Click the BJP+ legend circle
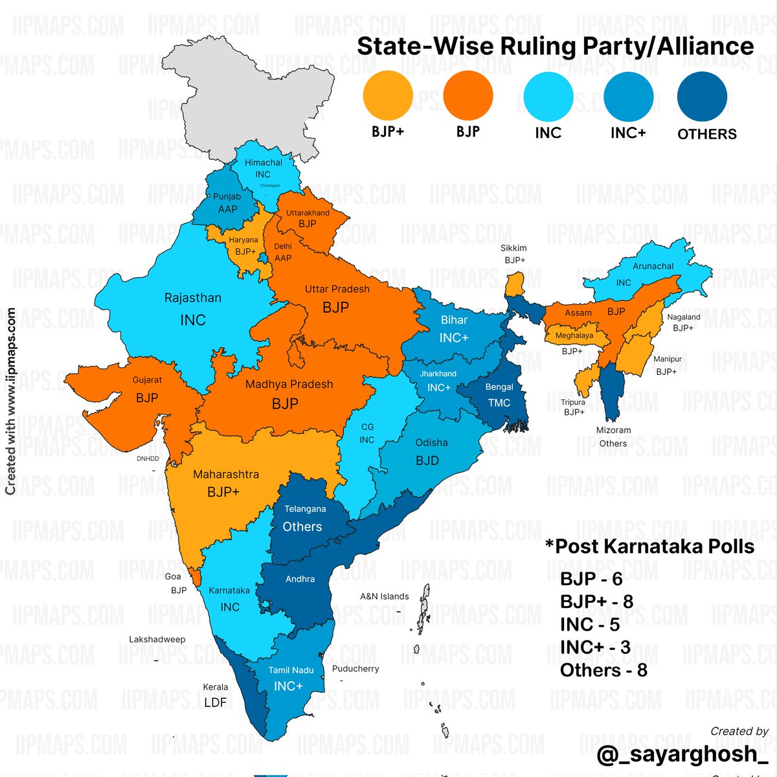coord(388,96)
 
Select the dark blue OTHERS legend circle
coord(702,96)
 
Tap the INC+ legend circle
coord(628,96)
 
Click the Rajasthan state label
coord(192,298)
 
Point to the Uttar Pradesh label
coord(337,289)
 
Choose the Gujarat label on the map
coord(147,380)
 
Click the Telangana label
coord(305,509)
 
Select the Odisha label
coord(431,443)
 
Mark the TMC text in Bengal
coord(499,403)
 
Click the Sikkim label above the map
coord(513,248)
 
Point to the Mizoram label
coord(613,430)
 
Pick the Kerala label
coord(216,687)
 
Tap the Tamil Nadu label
coord(291,670)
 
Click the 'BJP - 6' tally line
coord(591,579)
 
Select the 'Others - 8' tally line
coord(603,670)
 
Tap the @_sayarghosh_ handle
coord(682,754)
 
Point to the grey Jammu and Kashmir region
coord(259,97)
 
